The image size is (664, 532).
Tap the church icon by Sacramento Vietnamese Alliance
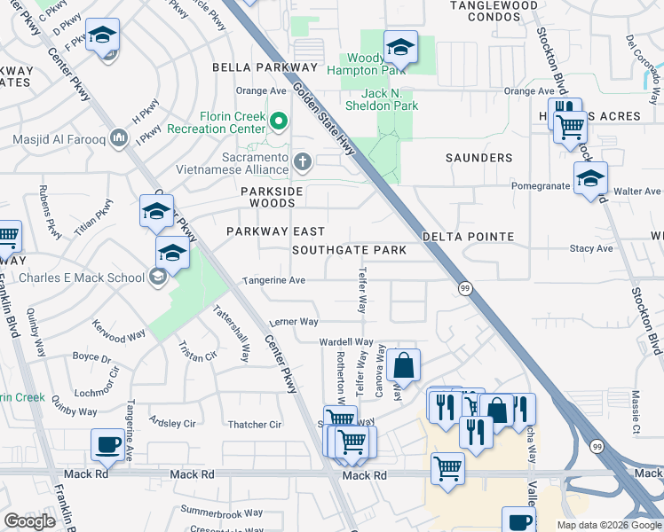[x=302, y=160]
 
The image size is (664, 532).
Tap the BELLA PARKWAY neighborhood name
[x=264, y=67]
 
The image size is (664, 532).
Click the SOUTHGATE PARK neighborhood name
[x=350, y=250]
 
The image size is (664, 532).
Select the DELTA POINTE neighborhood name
[x=468, y=237]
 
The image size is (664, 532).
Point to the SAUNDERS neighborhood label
[x=478, y=158]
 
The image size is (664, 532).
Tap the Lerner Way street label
[x=294, y=322]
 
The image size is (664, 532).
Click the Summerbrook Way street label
[x=221, y=512]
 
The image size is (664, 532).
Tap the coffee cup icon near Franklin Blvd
[x=108, y=444]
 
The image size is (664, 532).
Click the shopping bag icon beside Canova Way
[x=403, y=364]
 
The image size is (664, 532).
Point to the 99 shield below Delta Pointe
[x=464, y=288]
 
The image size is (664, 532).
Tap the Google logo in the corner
[x=29, y=521]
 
